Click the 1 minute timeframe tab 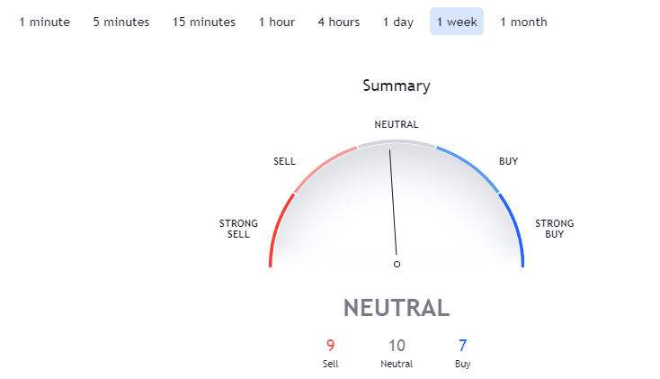pos(45,22)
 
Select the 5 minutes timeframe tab pos(121,22)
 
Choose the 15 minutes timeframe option pos(204,22)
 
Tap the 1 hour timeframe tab pos(277,22)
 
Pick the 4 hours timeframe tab pos(339,22)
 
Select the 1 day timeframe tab pos(398,22)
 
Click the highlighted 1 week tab pos(457,22)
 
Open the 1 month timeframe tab pos(523,22)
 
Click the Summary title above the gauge pos(397,86)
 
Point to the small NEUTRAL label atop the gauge pos(397,124)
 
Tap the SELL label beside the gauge pos(284,161)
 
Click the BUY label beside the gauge pos(508,161)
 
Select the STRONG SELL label pos(238,229)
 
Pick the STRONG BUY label pos(555,229)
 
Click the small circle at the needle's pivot pos(397,265)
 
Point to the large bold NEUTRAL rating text pos(397,308)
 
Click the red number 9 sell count pos(330,346)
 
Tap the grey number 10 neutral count pos(397,346)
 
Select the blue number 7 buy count pos(462,346)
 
